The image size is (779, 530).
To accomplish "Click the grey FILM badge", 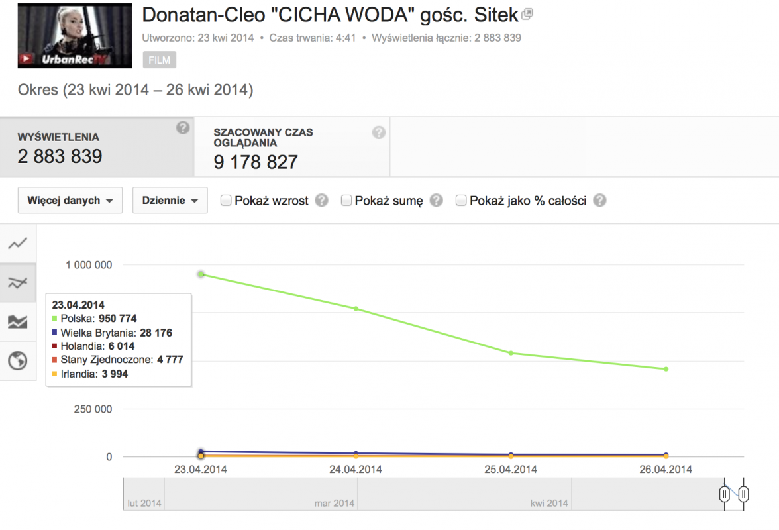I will [159, 60].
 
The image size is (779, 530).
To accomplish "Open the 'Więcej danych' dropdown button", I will [70, 201].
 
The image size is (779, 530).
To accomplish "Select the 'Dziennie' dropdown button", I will [170, 201].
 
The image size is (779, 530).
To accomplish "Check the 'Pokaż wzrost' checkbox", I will [226, 201].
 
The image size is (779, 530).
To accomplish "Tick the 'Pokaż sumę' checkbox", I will [346, 201].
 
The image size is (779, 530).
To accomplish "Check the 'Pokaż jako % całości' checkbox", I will [461, 201].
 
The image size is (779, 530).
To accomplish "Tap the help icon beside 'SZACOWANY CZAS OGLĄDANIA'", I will [378, 132].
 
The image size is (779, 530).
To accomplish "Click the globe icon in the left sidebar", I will [18, 361].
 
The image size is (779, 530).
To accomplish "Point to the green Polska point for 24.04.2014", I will [356, 309].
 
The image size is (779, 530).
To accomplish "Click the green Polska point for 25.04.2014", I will [511, 353].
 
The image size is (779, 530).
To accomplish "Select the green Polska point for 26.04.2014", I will [666, 369].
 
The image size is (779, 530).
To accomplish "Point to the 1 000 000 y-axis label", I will [89, 265].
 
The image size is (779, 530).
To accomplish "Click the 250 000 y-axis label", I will [93, 409].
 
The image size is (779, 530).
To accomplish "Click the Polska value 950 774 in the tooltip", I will [117, 319].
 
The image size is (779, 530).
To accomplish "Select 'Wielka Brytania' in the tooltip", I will [98, 333].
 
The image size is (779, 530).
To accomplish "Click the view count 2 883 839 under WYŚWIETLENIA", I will [60, 156].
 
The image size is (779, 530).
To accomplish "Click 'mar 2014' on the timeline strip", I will [335, 503].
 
